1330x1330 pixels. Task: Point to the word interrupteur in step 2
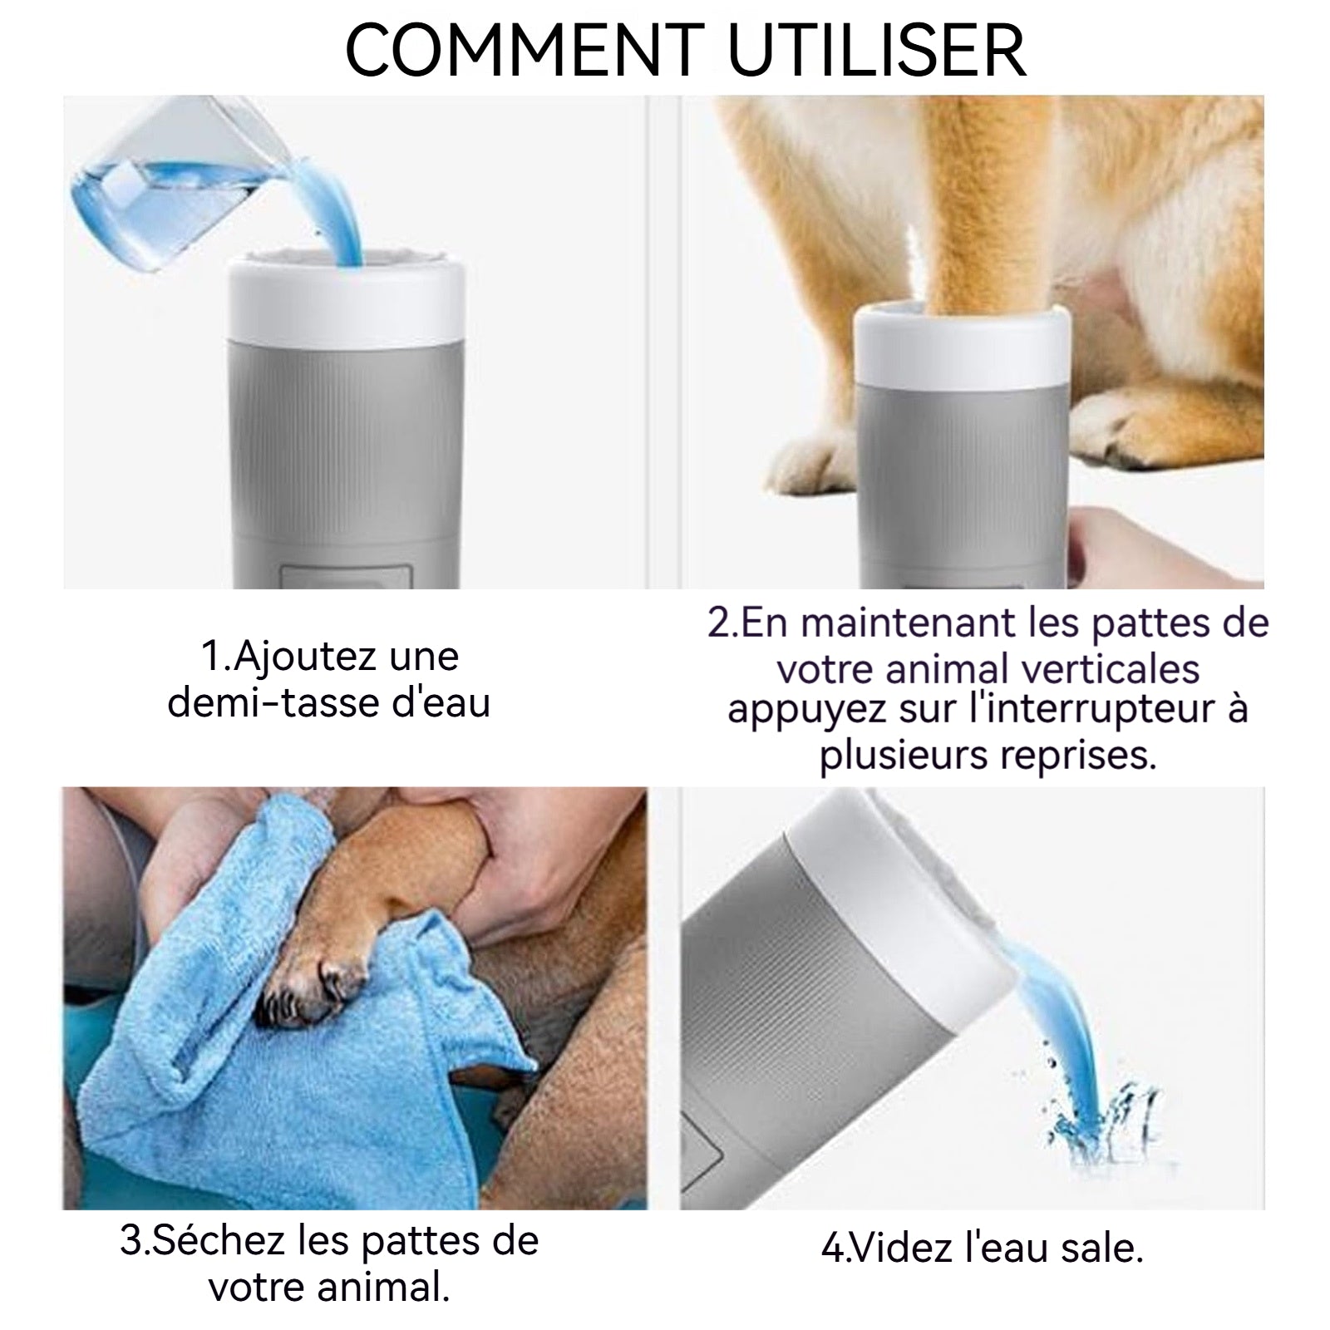(x=1099, y=710)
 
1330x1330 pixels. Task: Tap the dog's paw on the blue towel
(x=316, y=985)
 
